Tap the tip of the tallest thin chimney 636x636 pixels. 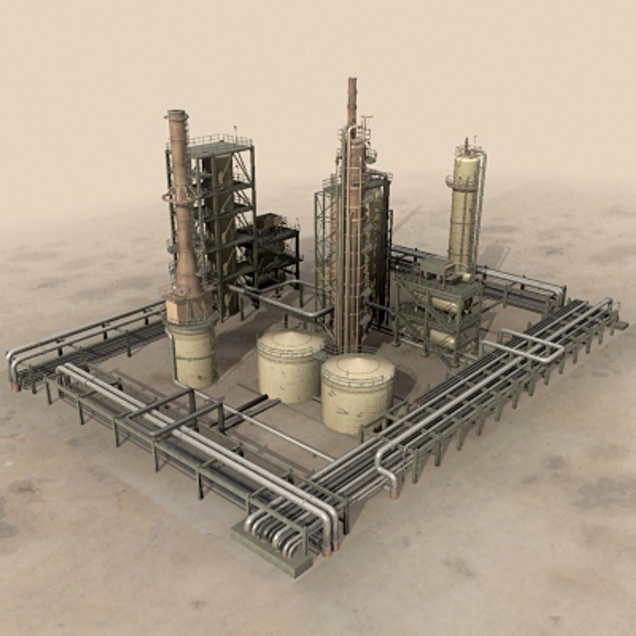(352, 79)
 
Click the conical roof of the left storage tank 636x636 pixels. (290, 340)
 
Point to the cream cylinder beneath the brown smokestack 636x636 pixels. (193, 354)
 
